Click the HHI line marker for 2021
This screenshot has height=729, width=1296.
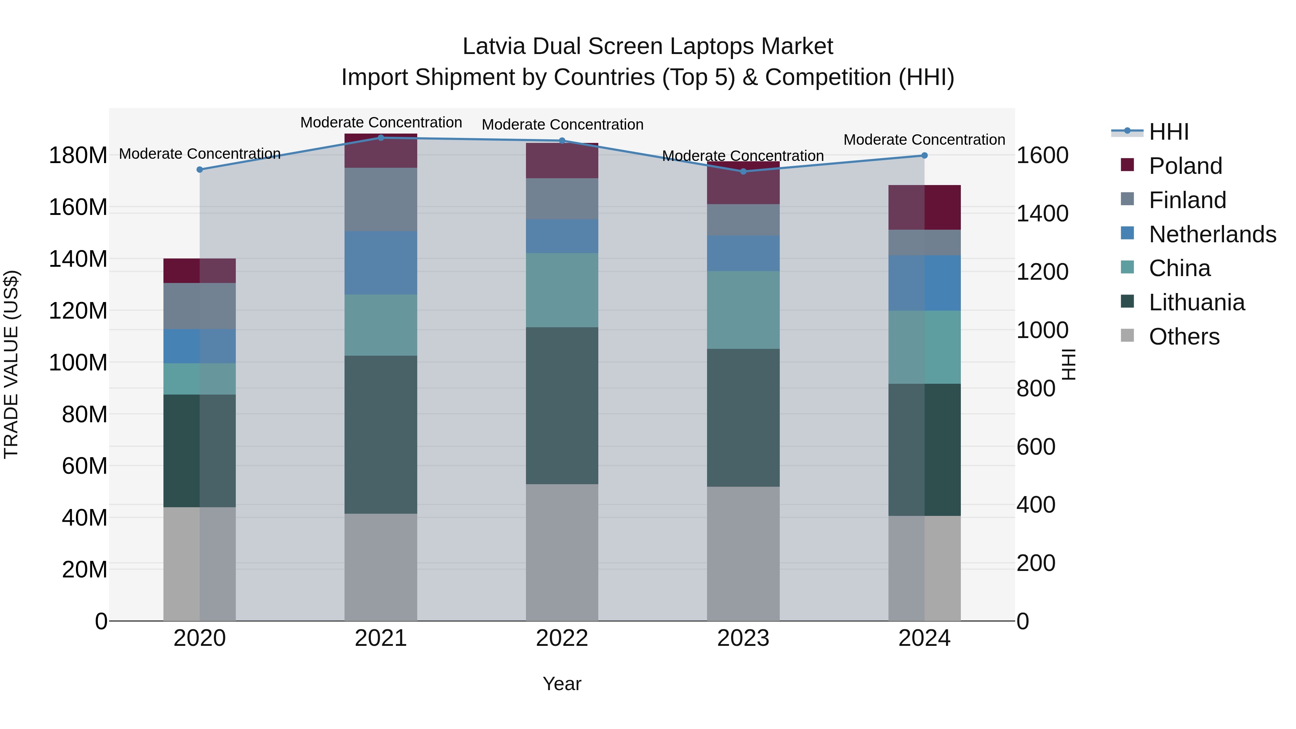pos(381,138)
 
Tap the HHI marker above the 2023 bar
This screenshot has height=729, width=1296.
pos(743,172)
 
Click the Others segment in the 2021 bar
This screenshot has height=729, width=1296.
pos(381,567)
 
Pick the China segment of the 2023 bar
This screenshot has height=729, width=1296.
pos(743,310)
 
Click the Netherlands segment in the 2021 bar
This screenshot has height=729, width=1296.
pos(381,263)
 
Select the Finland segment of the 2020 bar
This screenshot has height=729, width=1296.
pos(200,306)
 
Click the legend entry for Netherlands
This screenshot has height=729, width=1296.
pos(1212,234)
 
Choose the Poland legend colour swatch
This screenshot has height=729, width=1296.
pos(1128,165)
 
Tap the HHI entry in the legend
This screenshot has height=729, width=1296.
pos(1169,132)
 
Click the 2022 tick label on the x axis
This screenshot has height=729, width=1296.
pos(562,638)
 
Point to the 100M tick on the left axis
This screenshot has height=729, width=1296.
pos(78,362)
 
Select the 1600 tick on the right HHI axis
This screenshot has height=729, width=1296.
pos(1043,156)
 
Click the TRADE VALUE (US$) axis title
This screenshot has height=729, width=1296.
pos(11,364)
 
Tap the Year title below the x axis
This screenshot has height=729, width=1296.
pos(562,684)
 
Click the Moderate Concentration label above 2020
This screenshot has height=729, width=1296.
pos(200,153)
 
